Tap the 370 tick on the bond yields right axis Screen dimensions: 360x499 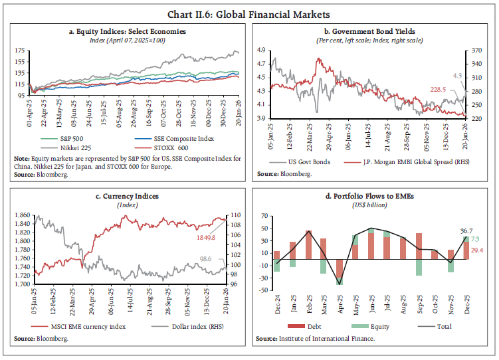[477, 50]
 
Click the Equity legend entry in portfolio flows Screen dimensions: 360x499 [378, 326]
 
